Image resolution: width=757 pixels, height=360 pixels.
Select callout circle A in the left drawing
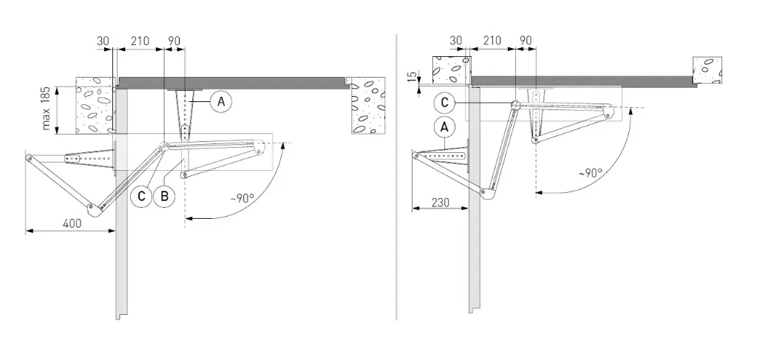[220, 101]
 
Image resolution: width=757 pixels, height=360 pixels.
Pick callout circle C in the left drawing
[140, 197]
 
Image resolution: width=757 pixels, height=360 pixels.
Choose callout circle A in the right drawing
[444, 126]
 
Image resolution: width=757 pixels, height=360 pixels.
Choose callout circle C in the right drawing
[444, 103]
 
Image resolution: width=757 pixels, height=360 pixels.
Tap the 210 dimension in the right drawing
[492, 41]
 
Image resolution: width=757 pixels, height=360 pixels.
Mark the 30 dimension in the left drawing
[103, 41]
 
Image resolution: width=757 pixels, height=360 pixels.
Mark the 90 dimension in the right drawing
[526, 41]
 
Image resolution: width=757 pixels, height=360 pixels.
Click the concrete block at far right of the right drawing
[707, 69]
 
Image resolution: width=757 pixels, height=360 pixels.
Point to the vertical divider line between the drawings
[397, 177]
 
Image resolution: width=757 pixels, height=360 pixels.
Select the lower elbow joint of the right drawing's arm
[487, 194]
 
